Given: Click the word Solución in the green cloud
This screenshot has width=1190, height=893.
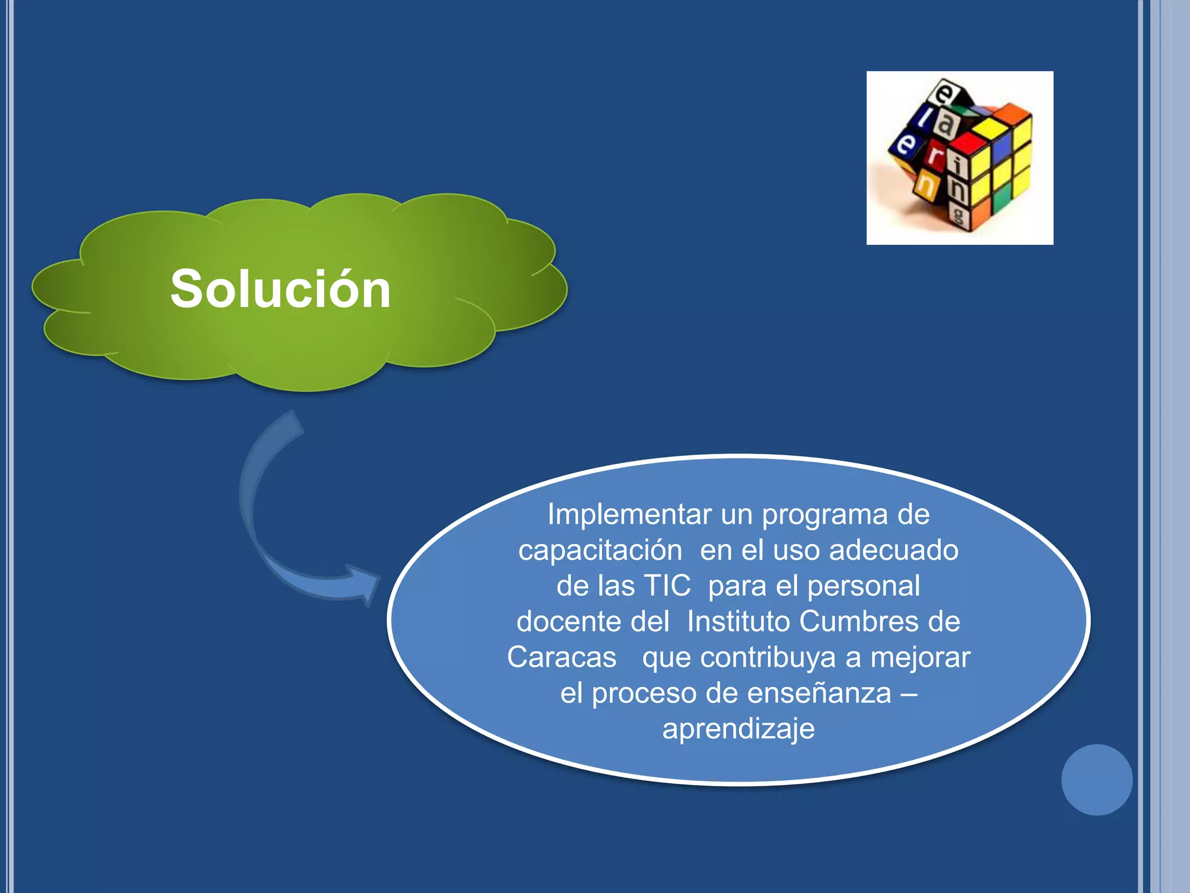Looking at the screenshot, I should (280, 289).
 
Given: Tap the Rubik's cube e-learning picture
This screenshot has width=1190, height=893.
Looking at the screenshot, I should (959, 158).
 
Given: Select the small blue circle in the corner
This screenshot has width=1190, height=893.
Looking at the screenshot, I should (1096, 780).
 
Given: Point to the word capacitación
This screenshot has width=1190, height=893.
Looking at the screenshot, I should (600, 550).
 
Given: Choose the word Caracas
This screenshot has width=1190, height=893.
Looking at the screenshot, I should (561, 658).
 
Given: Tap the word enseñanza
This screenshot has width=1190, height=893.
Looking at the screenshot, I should (819, 693).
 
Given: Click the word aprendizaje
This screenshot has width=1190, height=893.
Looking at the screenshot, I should (739, 729).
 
